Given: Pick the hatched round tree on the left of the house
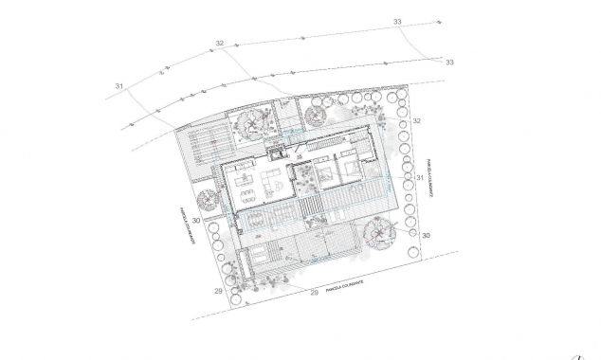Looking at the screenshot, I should click(205, 200).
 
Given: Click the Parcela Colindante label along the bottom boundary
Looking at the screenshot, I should click(350, 285).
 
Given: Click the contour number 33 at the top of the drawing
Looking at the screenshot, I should click(396, 22).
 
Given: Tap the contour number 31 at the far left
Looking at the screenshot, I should click(119, 86).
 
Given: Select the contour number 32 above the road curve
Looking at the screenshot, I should click(220, 44).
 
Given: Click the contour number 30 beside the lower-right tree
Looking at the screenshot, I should click(426, 234).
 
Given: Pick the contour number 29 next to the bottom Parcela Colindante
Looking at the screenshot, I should click(314, 293).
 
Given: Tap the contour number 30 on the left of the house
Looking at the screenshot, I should click(194, 220).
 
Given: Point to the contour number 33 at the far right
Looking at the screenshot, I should click(449, 63).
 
